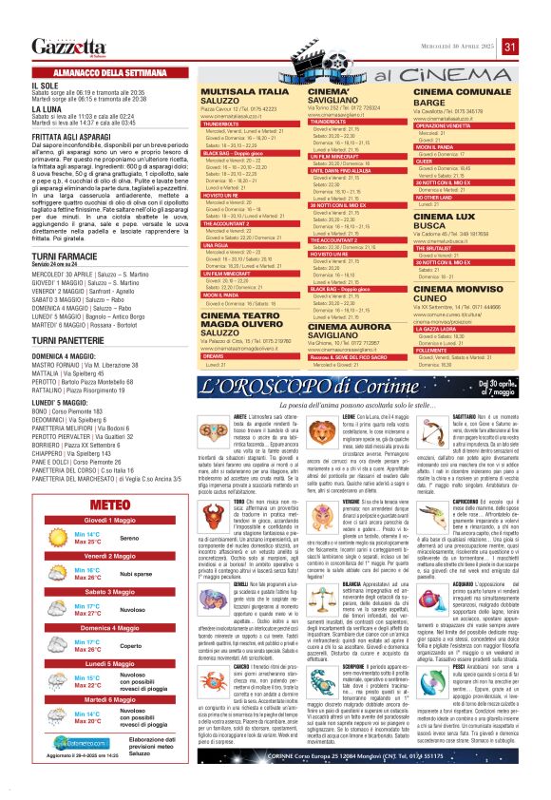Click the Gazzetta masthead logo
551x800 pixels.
[x=67, y=48]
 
